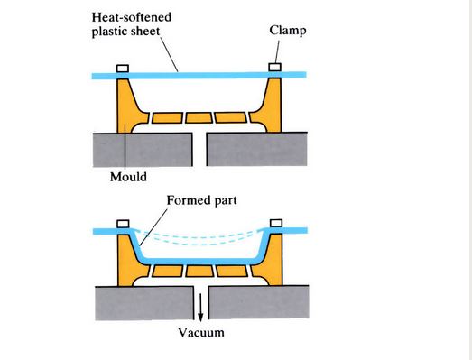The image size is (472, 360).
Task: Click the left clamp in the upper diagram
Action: click(x=125, y=67)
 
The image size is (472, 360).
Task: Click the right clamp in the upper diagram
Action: click(x=276, y=67)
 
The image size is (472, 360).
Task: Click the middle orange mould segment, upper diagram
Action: click(x=200, y=118)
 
